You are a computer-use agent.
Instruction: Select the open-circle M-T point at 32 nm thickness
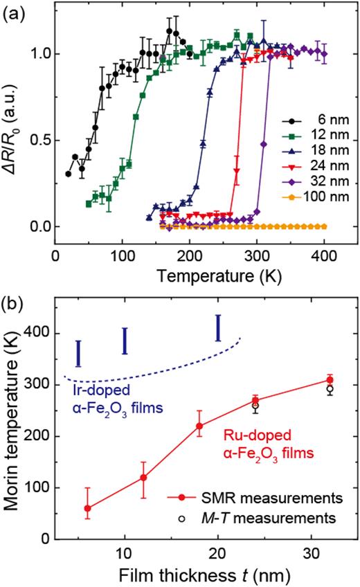(330, 389)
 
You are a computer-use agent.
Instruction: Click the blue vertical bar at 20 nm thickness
(218, 328)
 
